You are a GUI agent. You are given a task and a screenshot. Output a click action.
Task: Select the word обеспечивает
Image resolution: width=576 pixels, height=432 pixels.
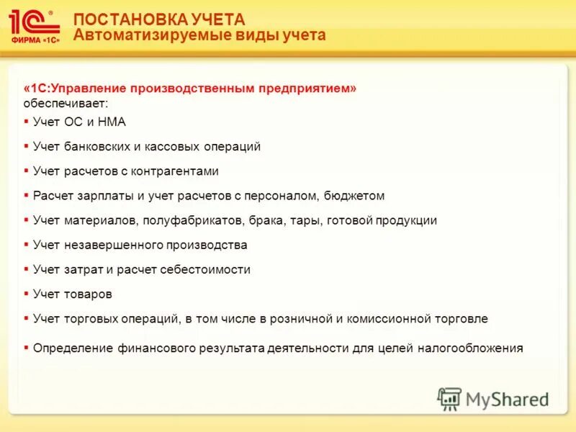click(66, 104)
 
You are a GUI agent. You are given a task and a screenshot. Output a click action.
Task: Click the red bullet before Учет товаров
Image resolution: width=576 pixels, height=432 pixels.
click(26, 294)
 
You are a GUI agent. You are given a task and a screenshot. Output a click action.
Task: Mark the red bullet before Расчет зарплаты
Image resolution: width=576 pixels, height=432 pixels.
click(26, 196)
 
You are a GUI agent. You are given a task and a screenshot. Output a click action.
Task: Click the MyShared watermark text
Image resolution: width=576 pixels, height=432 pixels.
click(507, 399)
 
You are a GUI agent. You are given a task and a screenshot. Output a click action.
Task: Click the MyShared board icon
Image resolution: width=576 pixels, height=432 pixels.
click(449, 399)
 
